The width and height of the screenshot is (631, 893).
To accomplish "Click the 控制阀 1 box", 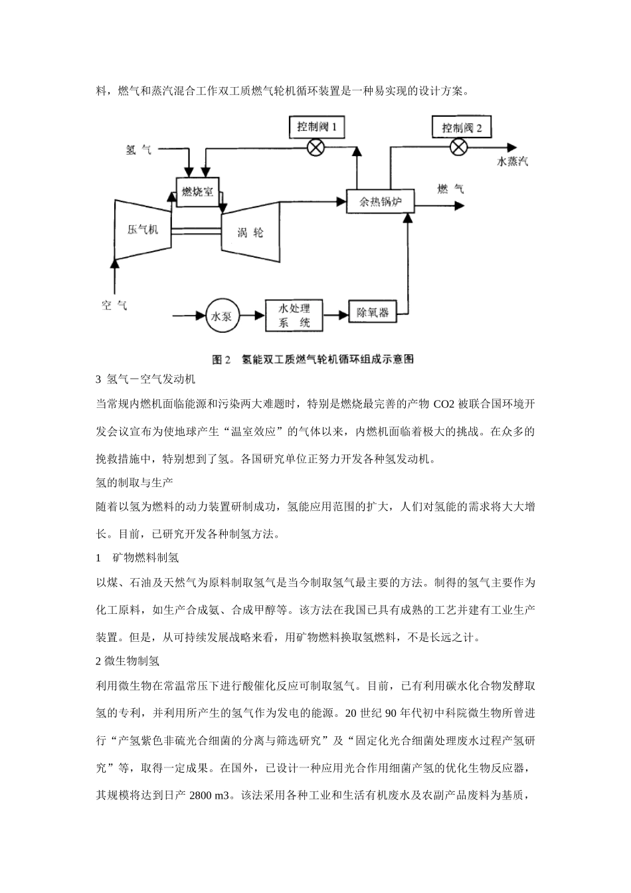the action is pos(317,127).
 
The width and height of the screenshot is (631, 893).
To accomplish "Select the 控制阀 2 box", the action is pos(462,128).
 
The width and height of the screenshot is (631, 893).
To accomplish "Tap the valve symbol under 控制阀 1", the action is pos(316,148).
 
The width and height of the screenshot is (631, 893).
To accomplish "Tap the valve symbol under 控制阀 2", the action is pos(458,148).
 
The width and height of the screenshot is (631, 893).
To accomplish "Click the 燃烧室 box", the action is pos(198,192).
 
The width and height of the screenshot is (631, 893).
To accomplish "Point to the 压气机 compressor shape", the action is pos(143,230).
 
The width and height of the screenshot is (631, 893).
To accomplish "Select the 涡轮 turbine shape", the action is pos(250,232).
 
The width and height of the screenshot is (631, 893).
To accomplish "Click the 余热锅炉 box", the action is pos(381,202).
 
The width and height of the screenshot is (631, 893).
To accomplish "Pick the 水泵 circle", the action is pos(223,316).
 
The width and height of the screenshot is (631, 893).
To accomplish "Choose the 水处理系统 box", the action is pos(294,316).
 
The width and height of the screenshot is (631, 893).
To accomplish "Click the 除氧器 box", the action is pos(373,312).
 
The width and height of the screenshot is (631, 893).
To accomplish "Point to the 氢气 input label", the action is pos(138,150).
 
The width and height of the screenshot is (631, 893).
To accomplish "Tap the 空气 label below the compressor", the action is pos(114,306).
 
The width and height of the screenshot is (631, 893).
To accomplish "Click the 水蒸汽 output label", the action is pos(512,161).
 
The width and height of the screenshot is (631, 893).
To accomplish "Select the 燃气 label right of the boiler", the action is pos(450,189).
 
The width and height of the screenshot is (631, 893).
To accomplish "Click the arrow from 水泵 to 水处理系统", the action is pos(252,316).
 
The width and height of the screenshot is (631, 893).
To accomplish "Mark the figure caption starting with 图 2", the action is pos(313,359).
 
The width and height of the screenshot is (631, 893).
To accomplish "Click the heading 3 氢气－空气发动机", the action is pos(145,379).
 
